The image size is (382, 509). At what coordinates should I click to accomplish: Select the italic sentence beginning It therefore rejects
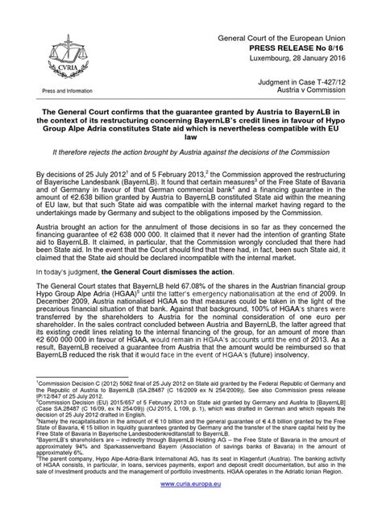coord(191,150)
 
